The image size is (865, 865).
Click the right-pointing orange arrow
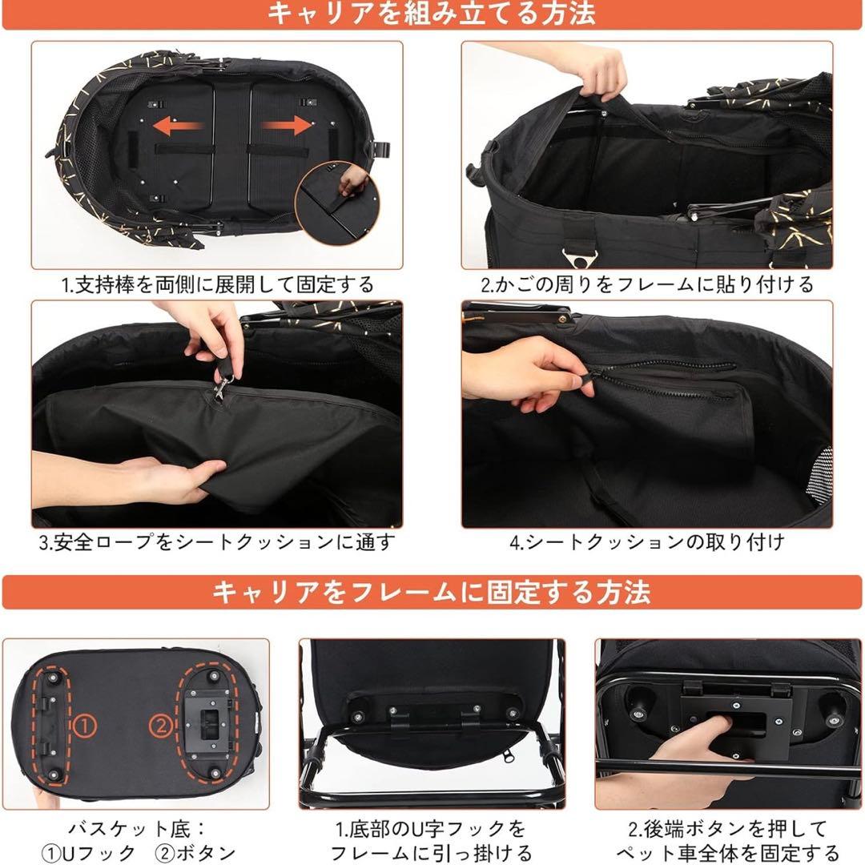tap(286, 125)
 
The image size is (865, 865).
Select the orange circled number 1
tap(85, 726)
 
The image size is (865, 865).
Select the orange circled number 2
tap(161, 726)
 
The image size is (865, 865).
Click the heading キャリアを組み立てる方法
tap(432, 14)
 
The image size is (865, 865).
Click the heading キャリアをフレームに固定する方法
tap(432, 593)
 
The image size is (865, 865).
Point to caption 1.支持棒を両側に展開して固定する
tap(217, 284)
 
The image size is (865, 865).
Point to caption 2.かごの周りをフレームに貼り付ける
tap(646, 284)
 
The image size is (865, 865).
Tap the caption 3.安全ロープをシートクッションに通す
tap(217, 542)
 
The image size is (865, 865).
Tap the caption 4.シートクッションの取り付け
tap(646, 542)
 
